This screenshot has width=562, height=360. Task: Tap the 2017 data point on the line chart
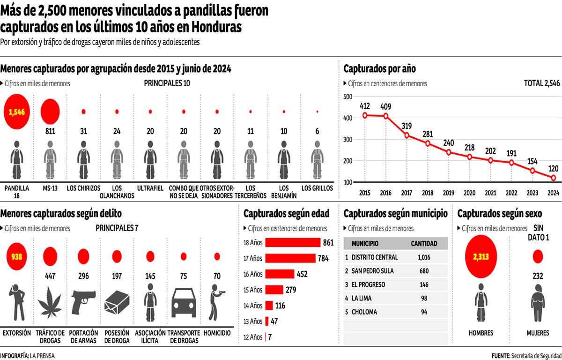point(407,135)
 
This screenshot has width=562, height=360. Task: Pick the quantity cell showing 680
point(424,271)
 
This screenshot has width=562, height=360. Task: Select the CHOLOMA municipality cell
point(364,312)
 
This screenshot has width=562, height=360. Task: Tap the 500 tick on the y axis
point(348,97)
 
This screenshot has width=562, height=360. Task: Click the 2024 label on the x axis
point(553,193)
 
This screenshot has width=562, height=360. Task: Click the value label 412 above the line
point(365,105)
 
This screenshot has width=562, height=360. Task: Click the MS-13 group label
point(50,188)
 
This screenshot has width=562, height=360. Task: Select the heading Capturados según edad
point(286,214)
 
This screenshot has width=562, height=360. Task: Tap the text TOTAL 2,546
point(541,83)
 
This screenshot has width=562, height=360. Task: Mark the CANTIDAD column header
point(424,244)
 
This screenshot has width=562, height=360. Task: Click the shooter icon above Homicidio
point(217,302)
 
